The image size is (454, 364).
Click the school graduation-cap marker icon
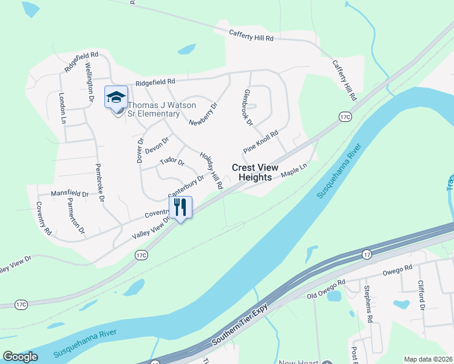[x=116, y=96]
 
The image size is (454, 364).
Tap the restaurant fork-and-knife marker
[x=180, y=207]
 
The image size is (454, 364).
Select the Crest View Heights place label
[x=255, y=172]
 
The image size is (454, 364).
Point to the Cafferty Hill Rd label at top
[x=251, y=36]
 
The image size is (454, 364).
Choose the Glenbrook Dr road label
[x=247, y=107]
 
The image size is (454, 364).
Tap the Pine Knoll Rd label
[x=260, y=141]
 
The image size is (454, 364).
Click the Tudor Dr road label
[x=171, y=161]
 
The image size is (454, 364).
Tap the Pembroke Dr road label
[x=100, y=181]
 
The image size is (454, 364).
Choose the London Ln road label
[x=62, y=109]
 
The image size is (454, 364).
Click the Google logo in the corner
[x=20, y=357]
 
